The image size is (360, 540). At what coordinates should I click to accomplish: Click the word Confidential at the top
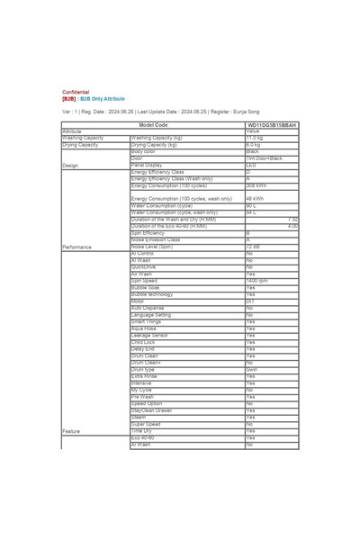pos(76,93)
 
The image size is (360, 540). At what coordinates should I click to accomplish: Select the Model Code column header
pos(154,124)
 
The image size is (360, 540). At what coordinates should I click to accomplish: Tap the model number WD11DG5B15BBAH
pos(272,124)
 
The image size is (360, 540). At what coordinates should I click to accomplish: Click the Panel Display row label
pos(147,166)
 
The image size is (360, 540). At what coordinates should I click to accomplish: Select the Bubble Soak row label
pos(146,288)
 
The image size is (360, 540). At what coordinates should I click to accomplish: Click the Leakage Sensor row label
pos(149,336)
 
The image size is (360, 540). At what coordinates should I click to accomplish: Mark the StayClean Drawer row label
pos(152,410)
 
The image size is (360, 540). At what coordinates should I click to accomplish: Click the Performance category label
pos(77,247)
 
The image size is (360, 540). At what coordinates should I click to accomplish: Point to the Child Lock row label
pos(143,343)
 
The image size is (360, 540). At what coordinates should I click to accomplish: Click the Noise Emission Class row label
pos(156,240)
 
